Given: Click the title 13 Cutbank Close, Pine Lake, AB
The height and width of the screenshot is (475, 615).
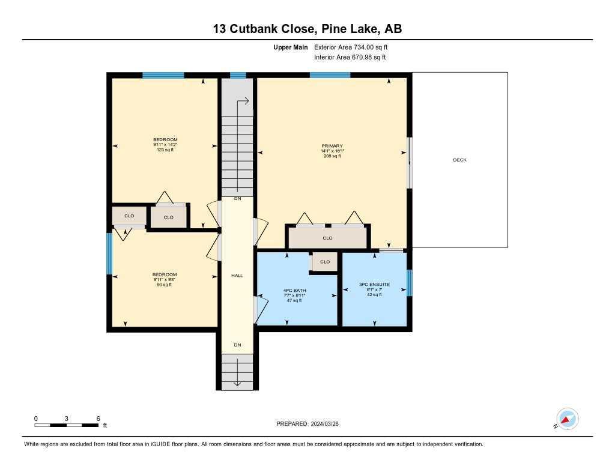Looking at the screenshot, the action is click(x=307, y=29).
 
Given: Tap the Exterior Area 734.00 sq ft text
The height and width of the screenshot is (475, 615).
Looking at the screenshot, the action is click(x=351, y=47).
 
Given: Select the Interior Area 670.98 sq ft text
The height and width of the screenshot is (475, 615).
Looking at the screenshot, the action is click(x=350, y=57).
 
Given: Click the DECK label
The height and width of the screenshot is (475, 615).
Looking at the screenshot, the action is click(x=459, y=160).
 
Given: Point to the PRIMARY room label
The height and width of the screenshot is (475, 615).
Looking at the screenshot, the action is click(x=332, y=146).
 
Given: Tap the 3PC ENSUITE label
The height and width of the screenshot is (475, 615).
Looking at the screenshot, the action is click(x=375, y=285).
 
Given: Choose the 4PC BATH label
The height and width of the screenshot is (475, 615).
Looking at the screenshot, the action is click(x=294, y=291).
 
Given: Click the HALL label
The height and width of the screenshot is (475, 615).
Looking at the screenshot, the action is click(x=237, y=276).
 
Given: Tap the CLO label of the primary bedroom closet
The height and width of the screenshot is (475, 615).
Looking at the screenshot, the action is click(x=327, y=238).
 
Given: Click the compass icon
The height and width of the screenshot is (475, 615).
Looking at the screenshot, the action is click(x=567, y=419).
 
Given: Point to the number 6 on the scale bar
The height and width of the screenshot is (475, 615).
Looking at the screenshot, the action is click(x=98, y=419).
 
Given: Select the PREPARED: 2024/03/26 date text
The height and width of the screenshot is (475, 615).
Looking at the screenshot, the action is click(x=307, y=424).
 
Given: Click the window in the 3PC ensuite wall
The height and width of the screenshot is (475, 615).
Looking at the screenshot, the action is click(x=410, y=283).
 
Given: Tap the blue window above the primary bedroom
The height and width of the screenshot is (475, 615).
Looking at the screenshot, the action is click(x=330, y=75).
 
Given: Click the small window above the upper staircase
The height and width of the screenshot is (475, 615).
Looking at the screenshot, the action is click(x=238, y=75).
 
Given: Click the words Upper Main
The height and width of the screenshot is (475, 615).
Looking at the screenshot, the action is click(x=291, y=47).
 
